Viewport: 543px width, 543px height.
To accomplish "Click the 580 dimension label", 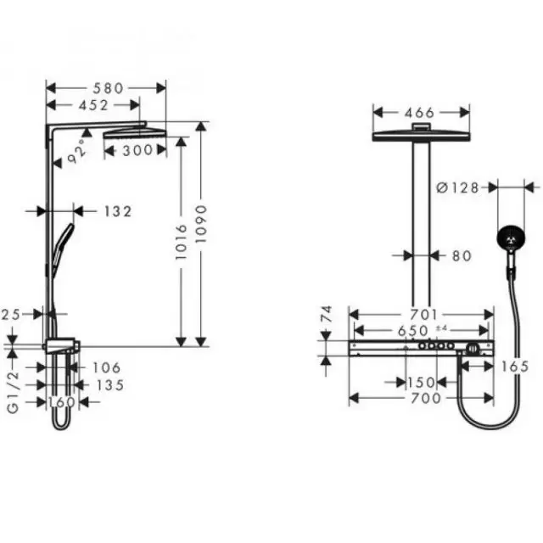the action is coord(108,88).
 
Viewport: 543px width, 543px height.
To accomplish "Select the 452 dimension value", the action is coord(93,105).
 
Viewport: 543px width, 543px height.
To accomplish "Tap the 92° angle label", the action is coord(76,151).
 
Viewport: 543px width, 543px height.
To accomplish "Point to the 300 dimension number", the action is coord(137,150).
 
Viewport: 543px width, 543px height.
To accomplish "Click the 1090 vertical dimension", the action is coord(201,224).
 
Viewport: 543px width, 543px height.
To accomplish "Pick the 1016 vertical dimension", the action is coord(181,242).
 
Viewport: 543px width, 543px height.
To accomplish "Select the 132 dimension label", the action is coord(118,211).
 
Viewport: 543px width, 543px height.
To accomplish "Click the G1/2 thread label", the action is coord(14,392).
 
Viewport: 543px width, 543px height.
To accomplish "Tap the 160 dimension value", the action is coord(61,402).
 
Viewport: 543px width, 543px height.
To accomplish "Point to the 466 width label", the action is coord(419,113).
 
